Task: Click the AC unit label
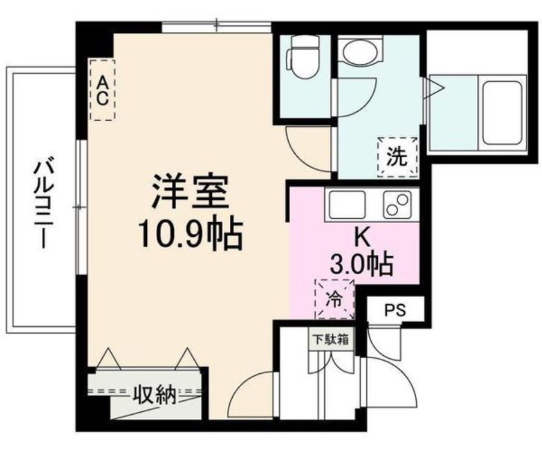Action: (x=103, y=90)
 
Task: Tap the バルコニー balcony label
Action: (x=41, y=200)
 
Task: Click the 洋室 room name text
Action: (x=190, y=192)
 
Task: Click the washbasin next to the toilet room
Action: (x=360, y=50)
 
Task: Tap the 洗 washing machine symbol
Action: (x=396, y=157)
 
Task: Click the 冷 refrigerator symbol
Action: (x=333, y=299)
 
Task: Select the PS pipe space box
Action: (x=395, y=311)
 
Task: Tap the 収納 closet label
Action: (x=153, y=395)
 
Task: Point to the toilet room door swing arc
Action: (x=307, y=147)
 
